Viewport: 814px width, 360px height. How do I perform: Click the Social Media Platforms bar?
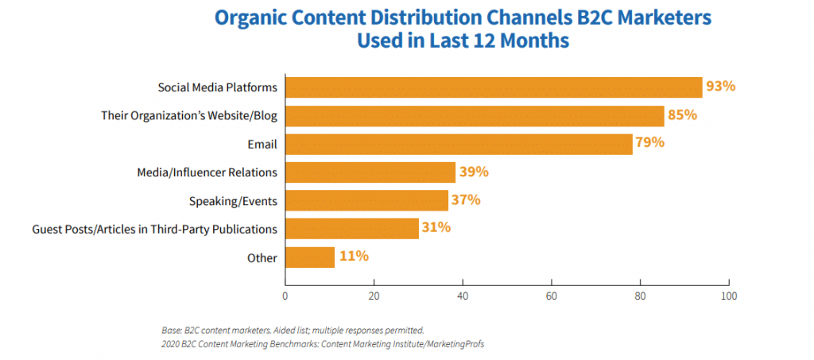pos(494,87)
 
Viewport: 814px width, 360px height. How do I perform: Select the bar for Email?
pos(459,144)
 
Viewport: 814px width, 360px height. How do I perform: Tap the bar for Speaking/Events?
pos(366,201)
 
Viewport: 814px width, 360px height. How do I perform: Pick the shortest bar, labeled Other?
pos(310,257)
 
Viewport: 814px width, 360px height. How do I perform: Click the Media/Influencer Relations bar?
pos(370,172)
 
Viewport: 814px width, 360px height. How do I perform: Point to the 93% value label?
pos(720,86)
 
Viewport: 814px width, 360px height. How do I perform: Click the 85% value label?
pos(682,114)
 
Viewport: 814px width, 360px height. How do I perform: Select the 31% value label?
pos(436,227)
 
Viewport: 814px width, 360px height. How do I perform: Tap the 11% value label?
pos(354,256)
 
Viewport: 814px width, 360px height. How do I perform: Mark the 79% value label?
pos(650,142)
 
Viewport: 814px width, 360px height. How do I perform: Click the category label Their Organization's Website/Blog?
pos(189,116)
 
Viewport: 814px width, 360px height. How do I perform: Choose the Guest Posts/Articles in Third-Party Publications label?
pos(155,229)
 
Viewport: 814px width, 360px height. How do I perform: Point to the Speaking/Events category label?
pos(234,201)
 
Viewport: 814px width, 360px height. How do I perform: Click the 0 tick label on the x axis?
pos(285,296)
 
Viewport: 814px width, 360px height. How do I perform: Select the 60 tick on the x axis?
pos(552,296)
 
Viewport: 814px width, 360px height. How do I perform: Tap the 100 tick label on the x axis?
pos(729,296)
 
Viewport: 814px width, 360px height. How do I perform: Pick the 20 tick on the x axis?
pos(374,296)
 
